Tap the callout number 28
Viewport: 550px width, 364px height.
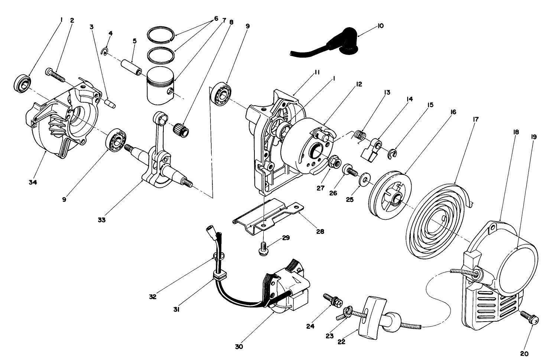pyautogui.click(x=320, y=231)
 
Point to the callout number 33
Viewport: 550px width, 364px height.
pyautogui.click(x=101, y=220)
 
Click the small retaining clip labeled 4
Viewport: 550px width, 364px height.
pyautogui.click(x=105, y=51)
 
